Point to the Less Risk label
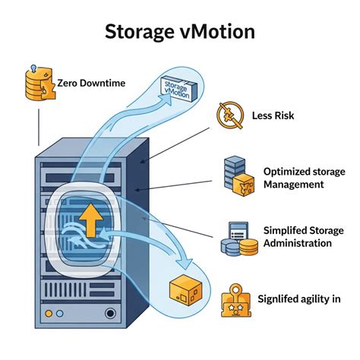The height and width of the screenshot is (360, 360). pos(273,117)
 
